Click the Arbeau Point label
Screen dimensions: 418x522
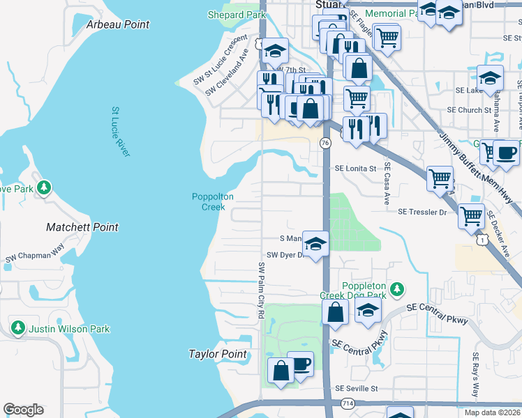[118, 24]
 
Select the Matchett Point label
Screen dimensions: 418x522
[82, 227]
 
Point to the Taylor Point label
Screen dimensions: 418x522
[218, 354]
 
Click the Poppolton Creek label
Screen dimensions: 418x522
[209, 201]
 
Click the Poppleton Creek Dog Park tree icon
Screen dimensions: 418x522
[397, 288]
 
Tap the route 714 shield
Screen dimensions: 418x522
[347, 403]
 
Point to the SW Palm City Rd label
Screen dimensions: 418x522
[262, 291]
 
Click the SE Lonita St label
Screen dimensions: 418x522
[355, 168]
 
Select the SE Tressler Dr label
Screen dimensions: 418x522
[422, 212]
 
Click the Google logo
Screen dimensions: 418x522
[23, 410]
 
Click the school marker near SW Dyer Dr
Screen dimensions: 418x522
[315, 244]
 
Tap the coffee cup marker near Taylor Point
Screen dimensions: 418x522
[300, 364]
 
